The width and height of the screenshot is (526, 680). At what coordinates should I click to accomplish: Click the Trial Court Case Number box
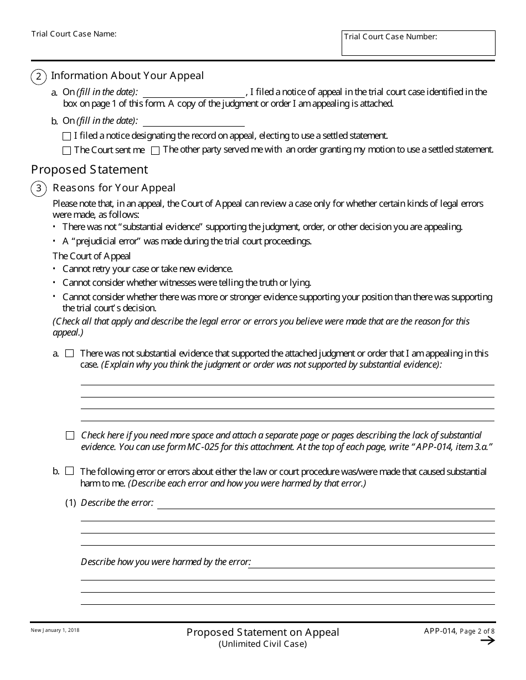418,43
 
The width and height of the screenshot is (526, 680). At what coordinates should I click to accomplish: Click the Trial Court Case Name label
74,34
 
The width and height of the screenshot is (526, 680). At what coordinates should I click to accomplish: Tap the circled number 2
38,77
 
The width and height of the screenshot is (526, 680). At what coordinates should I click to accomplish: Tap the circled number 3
38,189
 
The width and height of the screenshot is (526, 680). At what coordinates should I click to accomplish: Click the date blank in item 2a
193,92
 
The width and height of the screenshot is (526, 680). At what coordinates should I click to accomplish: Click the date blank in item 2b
193,121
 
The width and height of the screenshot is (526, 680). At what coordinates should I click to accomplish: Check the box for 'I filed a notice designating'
67,136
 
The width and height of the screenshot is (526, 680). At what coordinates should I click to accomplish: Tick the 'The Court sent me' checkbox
67,150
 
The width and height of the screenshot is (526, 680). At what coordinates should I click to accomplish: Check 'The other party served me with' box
156,150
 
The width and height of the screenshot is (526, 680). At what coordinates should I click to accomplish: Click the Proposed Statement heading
89,169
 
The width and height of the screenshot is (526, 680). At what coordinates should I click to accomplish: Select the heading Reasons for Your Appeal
114,188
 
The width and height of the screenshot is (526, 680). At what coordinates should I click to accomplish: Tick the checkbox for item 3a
70,353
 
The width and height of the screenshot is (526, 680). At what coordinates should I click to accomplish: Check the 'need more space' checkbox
70,436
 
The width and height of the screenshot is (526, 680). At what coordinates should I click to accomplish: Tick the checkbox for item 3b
70,472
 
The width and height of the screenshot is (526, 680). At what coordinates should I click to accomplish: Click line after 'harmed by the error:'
372,563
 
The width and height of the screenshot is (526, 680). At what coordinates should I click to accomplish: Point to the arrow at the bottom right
487,641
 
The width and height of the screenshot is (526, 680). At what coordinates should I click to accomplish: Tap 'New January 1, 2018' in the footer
55,630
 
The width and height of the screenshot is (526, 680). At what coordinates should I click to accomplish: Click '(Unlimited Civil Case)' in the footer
262,644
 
